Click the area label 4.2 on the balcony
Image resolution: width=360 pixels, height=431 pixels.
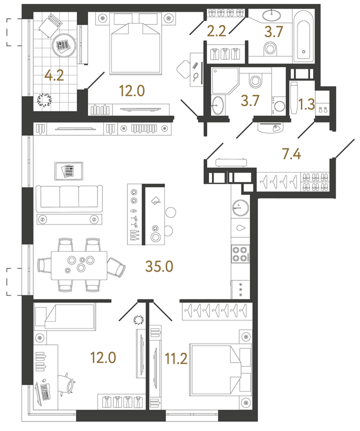point(53,76)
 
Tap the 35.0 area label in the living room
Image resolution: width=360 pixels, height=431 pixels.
point(159,266)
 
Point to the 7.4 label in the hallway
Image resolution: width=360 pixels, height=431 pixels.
point(290,154)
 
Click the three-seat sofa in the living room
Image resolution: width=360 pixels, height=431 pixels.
point(68,197)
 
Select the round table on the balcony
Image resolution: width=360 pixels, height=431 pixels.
point(63,46)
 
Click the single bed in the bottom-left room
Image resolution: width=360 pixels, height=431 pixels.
point(64,316)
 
